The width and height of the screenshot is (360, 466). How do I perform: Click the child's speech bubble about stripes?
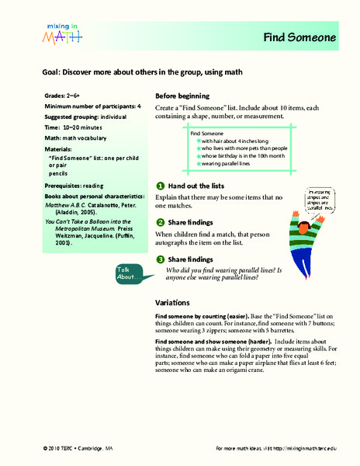[320, 200]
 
